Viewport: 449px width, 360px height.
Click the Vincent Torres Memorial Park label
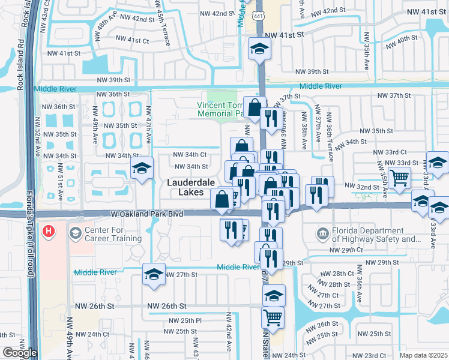[220, 108]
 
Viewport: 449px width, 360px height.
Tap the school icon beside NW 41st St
[259, 49]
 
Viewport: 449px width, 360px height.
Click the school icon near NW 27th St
[153, 275]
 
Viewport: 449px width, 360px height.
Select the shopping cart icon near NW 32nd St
[399, 178]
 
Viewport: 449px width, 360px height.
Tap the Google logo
[19, 353]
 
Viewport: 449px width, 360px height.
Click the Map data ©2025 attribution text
[424, 355]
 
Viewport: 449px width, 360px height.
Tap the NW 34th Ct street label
[191, 154]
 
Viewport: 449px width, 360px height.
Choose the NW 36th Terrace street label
[330, 141]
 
